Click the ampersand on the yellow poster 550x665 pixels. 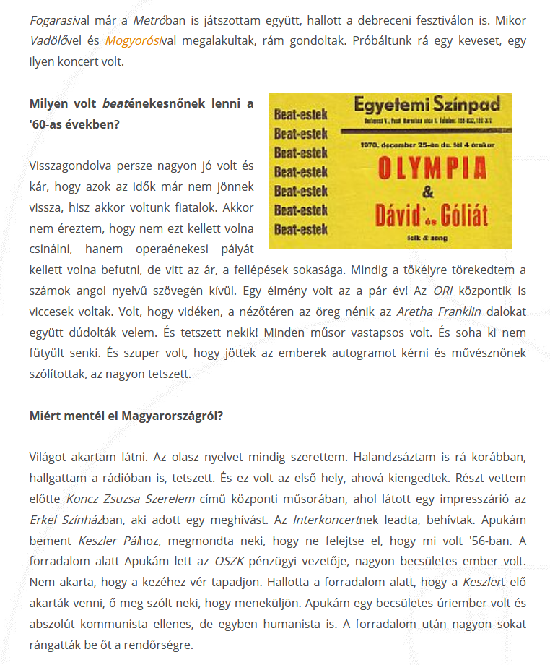428,192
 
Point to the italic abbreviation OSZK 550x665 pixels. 229,562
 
